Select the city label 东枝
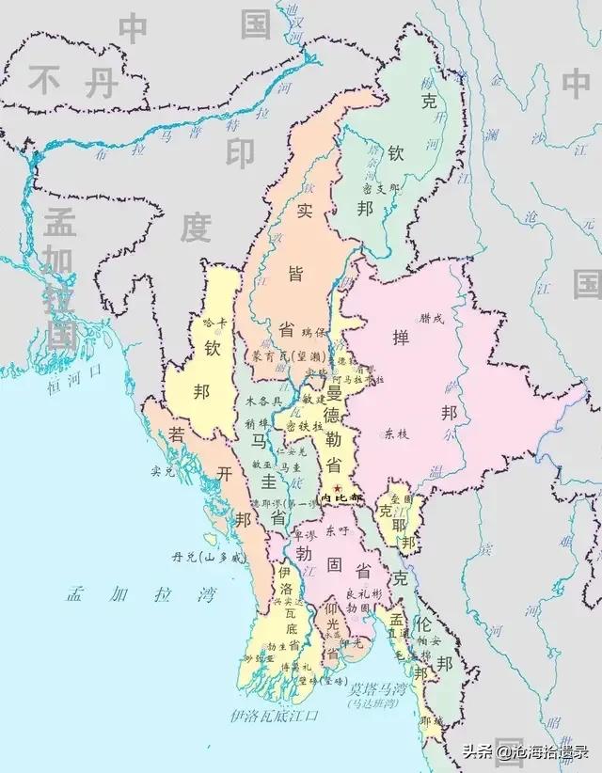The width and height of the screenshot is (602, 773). click(396, 434)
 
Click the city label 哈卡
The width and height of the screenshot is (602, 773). click(215, 323)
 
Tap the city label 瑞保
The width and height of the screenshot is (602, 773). click(312, 333)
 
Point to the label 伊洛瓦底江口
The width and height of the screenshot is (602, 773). click(275, 716)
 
